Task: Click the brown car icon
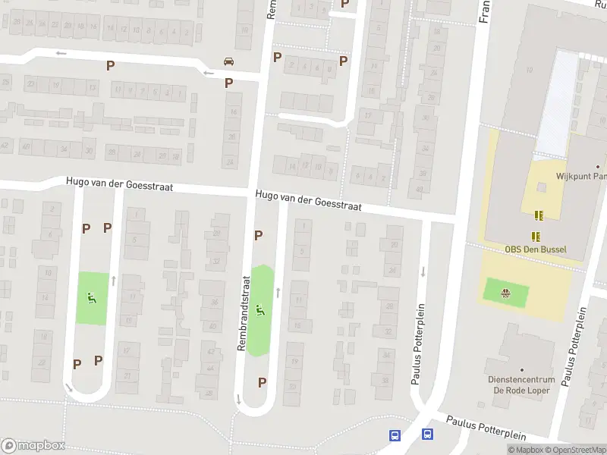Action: tap(228, 61)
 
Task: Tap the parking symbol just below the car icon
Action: tap(228, 83)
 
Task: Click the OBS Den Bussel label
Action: tap(536, 249)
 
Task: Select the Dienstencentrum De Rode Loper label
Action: tap(521, 385)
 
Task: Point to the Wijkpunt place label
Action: tap(581, 176)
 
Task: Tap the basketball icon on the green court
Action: tap(505, 290)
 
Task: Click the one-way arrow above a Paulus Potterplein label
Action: tap(423, 271)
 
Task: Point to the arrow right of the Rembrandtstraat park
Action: tap(278, 292)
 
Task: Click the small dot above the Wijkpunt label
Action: tap(598, 166)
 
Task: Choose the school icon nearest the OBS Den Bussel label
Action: tap(536, 236)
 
